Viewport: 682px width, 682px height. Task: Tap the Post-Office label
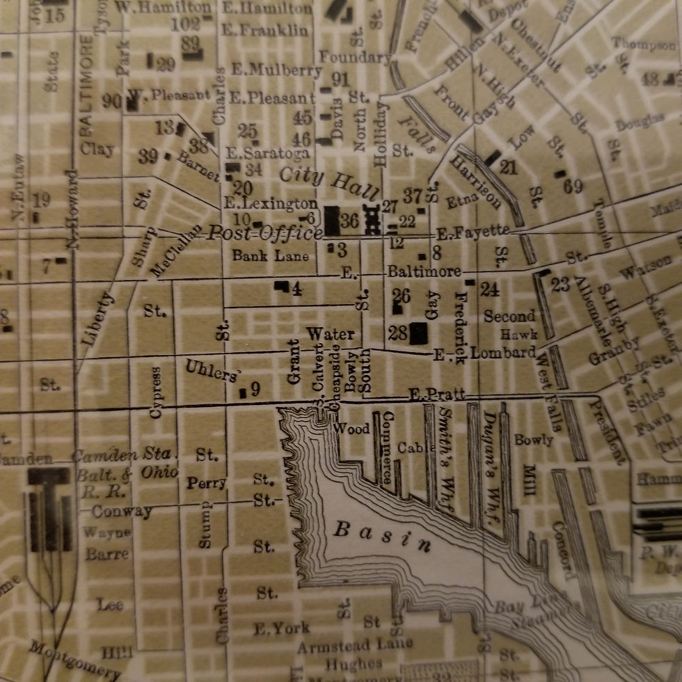[264, 233]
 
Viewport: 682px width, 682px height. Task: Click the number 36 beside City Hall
[349, 221]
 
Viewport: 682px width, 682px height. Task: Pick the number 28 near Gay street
[398, 333]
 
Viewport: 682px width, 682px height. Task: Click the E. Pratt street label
[436, 395]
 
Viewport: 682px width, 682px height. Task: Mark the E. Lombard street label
[484, 353]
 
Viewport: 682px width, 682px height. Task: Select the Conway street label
[122, 511]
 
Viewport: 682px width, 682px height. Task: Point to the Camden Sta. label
[122, 456]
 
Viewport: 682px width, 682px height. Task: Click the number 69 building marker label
[573, 187]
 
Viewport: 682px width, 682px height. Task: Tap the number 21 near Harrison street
[509, 167]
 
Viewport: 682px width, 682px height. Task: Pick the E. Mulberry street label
[276, 70]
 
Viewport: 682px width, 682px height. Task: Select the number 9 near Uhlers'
[255, 389]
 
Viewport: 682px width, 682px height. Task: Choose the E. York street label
[281, 628]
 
